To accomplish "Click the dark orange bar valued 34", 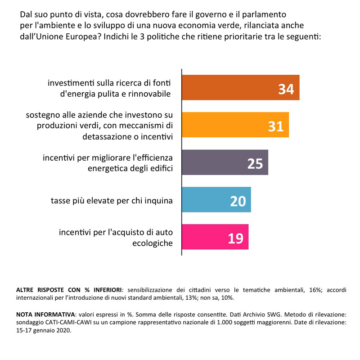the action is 241,87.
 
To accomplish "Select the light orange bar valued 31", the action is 235,125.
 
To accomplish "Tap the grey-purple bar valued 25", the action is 225,162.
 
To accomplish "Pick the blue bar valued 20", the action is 216,199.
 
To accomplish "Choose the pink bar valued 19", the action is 215,237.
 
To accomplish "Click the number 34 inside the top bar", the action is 286,89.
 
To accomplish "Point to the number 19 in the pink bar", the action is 235,238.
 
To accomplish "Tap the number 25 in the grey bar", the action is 255,164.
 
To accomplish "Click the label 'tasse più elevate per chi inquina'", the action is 112,201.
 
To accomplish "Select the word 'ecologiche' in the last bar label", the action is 153,243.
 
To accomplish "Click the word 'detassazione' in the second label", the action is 108,137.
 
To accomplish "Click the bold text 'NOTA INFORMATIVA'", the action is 45,314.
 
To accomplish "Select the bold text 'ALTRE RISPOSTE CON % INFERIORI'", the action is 69,290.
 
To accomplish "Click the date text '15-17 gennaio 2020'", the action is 44,331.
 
